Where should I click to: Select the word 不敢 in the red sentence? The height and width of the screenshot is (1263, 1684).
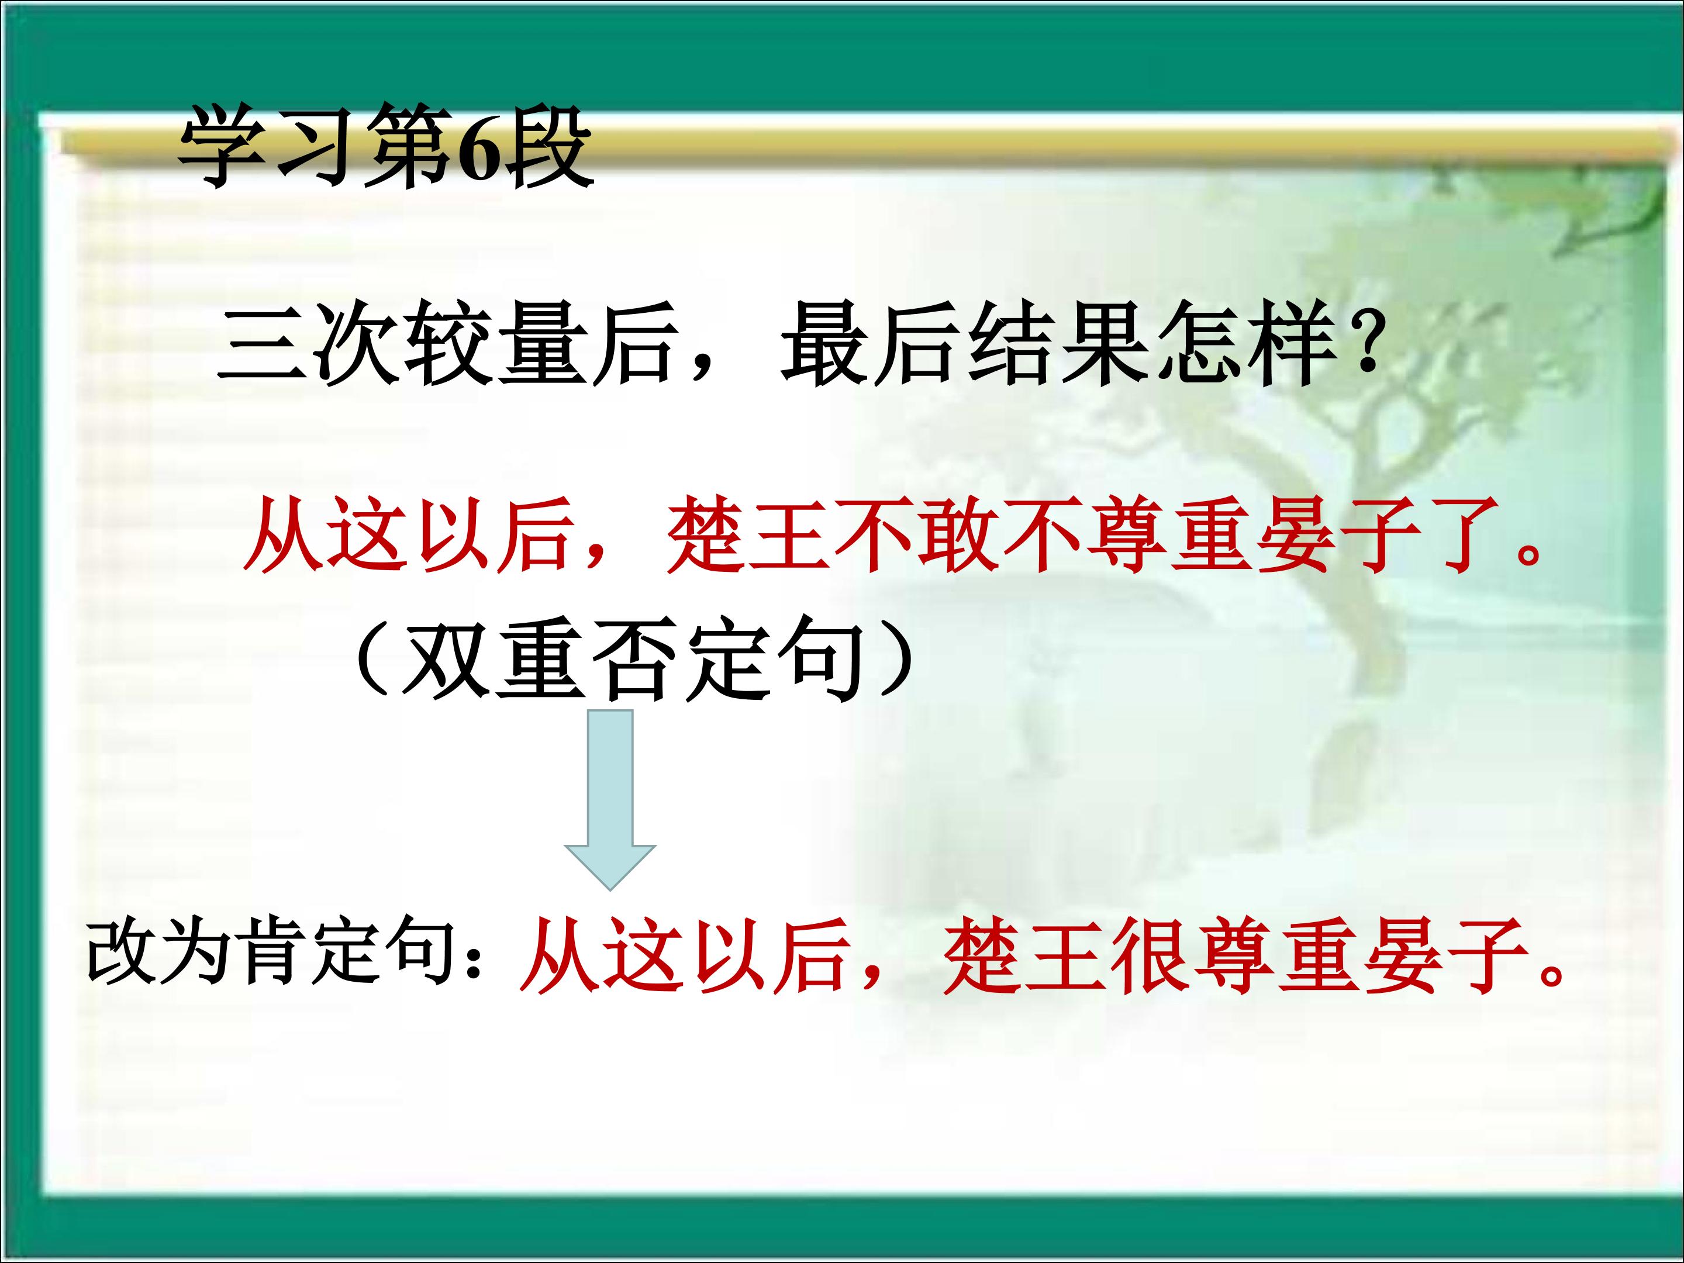(917, 535)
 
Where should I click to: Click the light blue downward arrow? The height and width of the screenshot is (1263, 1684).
(610, 800)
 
